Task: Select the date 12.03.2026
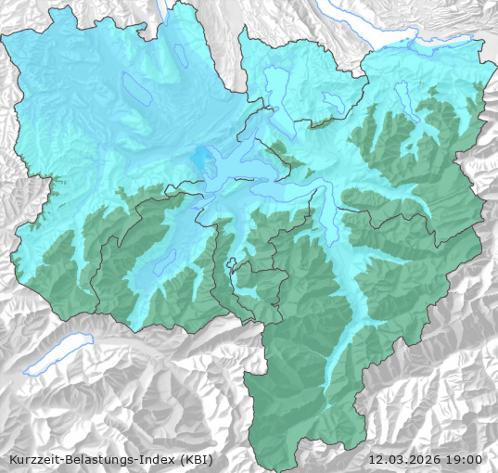point(404,459)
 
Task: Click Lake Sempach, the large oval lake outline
point(135,87)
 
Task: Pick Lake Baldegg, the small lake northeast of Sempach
point(182,58)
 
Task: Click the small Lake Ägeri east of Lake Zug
point(331,99)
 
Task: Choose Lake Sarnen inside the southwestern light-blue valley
point(164,262)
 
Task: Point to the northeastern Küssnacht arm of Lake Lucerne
point(265,148)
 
